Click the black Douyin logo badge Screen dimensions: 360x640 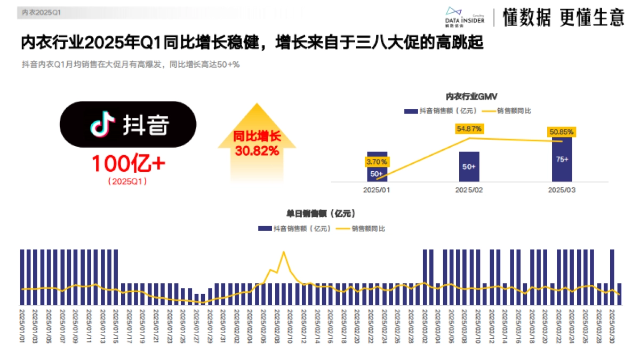(128, 125)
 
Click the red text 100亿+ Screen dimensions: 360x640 (128, 164)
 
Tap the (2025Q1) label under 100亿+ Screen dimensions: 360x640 (128, 181)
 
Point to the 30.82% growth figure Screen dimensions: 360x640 (257, 151)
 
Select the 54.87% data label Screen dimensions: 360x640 (469, 129)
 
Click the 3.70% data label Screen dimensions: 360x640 (377, 161)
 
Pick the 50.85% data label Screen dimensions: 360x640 (562, 132)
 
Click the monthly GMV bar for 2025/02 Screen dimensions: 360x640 (469, 167)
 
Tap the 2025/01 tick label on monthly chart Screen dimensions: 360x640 (377, 190)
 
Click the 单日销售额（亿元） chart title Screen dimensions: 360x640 (321, 213)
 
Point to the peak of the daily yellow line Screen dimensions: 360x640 (284, 252)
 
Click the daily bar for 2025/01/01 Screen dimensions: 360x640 (22, 277)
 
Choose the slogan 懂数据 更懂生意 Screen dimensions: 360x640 (563, 18)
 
